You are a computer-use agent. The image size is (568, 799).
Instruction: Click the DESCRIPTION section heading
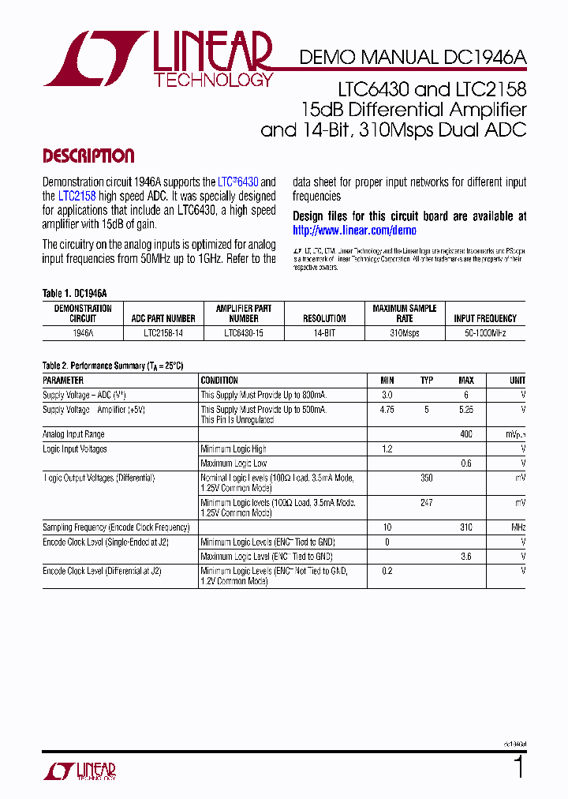[88, 156]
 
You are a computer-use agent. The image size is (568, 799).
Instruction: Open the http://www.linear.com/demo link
[354, 231]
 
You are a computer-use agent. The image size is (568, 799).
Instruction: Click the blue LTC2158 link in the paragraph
[77, 196]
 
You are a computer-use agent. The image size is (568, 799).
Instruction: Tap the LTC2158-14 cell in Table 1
[163, 333]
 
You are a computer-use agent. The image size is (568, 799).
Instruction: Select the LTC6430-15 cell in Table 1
[244, 333]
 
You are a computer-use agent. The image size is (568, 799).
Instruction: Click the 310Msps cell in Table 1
[405, 333]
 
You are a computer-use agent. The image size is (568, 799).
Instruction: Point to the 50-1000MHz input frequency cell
[485, 333]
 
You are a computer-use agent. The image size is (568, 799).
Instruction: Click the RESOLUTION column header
[324, 319]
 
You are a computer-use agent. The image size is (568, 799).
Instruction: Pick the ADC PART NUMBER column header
[163, 319]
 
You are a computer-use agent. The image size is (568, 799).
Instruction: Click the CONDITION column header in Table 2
[219, 381]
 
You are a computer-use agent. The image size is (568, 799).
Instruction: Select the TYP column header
[427, 381]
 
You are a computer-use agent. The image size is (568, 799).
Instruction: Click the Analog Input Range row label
[73, 434]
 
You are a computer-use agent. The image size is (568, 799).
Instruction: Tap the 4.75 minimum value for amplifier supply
[387, 411]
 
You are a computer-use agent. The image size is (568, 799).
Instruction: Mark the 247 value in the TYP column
[427, 503]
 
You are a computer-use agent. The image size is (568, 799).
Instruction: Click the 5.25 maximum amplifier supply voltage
[466, 411]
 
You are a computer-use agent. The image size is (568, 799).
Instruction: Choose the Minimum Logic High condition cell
[234, 449]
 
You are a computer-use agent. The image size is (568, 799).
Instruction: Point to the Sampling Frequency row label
[116, 527]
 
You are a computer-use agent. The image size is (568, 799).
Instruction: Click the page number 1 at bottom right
[518, 767]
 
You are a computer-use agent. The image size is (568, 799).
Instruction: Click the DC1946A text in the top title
[484, 57]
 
